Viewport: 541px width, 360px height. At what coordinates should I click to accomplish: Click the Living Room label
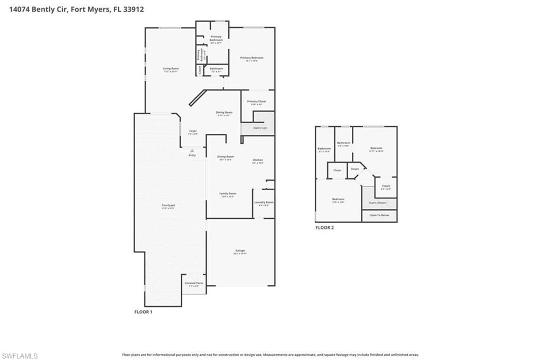point(171,68)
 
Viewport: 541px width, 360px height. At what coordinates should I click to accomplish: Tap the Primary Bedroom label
point(251,58)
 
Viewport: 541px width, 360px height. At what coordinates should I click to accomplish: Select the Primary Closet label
point(257,101)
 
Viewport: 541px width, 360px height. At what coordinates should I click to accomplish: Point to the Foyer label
point(193,131)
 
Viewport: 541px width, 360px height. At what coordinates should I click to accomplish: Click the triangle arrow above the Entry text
point(192,151)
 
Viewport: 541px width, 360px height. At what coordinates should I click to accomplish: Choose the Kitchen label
point(258,160)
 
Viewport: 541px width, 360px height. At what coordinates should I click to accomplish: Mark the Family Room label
point(228,193)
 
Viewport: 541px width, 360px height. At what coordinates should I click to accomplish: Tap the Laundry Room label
point(264,202)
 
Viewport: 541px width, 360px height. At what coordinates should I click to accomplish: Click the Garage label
point(240,251)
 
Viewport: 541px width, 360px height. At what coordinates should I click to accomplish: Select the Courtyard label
point(169,205)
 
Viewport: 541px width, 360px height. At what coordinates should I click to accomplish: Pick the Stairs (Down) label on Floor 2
point(378,202)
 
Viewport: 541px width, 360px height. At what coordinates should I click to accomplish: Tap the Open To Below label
point(379,216)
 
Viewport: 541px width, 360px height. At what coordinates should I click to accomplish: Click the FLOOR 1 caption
point(143,312)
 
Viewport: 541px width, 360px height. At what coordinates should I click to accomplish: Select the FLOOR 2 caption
point(324,228)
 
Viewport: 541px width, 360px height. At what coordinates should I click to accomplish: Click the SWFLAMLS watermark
point(20,356)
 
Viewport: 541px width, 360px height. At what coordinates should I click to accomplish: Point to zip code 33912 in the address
point(133,9)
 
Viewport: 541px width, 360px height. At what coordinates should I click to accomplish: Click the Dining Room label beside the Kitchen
point(226,156)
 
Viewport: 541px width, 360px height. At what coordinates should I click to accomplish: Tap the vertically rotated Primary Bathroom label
point(199,54)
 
